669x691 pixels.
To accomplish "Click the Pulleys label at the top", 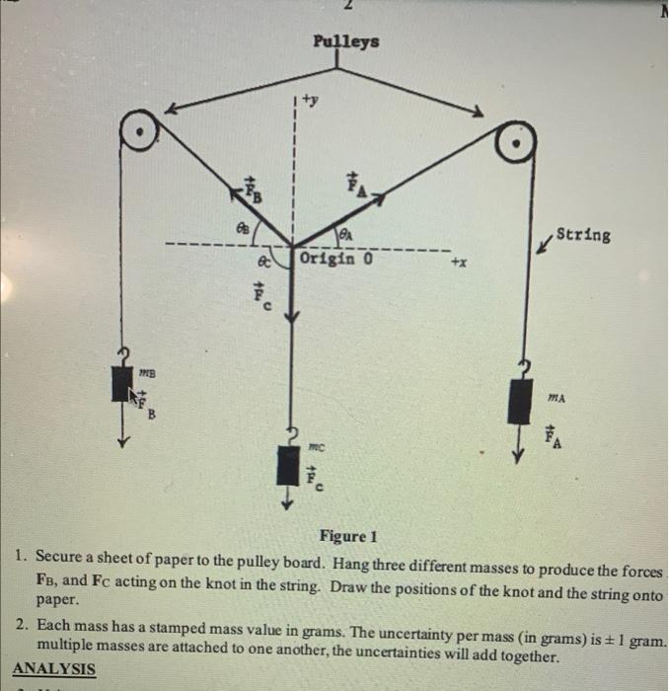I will click(344, 42).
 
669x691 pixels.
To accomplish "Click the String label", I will click(582, 235).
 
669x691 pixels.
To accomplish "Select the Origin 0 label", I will click(335, 260).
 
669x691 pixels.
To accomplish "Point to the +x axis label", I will click(461, 265).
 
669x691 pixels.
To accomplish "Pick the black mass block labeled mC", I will click(288, 465).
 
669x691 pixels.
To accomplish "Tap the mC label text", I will click(316, 446).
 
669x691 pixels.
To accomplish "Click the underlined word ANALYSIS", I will click(54, 669).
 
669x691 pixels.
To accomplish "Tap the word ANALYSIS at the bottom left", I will click(54, 669).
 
